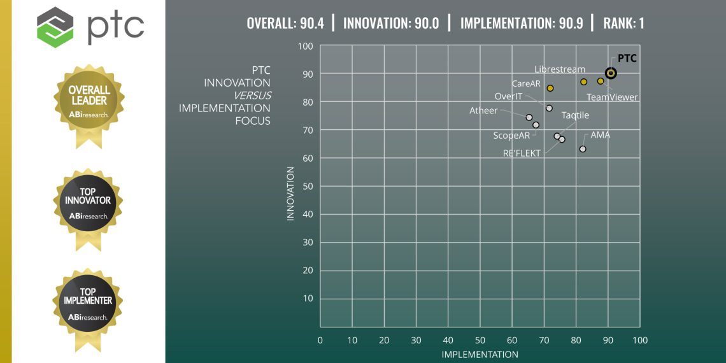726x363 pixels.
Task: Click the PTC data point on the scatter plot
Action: (611, 73)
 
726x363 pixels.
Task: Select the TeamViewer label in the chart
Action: (612, 97)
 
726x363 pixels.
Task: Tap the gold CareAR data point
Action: (550, 88)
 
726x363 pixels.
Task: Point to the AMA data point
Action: (583, 149)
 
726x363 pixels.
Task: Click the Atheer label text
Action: (483, 110)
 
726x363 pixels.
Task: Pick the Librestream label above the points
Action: (559, 69)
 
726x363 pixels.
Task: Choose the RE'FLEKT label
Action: (522, 153)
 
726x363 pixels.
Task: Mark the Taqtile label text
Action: (575, 115)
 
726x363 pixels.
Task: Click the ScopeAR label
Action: (512, 135)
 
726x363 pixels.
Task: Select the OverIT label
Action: (509, 96)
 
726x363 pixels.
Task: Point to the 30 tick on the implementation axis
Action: (416, 341)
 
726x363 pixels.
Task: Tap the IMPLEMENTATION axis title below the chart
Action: (480, 354)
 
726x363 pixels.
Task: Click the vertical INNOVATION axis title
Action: (290, 194)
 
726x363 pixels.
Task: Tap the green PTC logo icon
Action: (55, 27)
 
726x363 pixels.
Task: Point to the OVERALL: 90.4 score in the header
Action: (285, 24)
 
